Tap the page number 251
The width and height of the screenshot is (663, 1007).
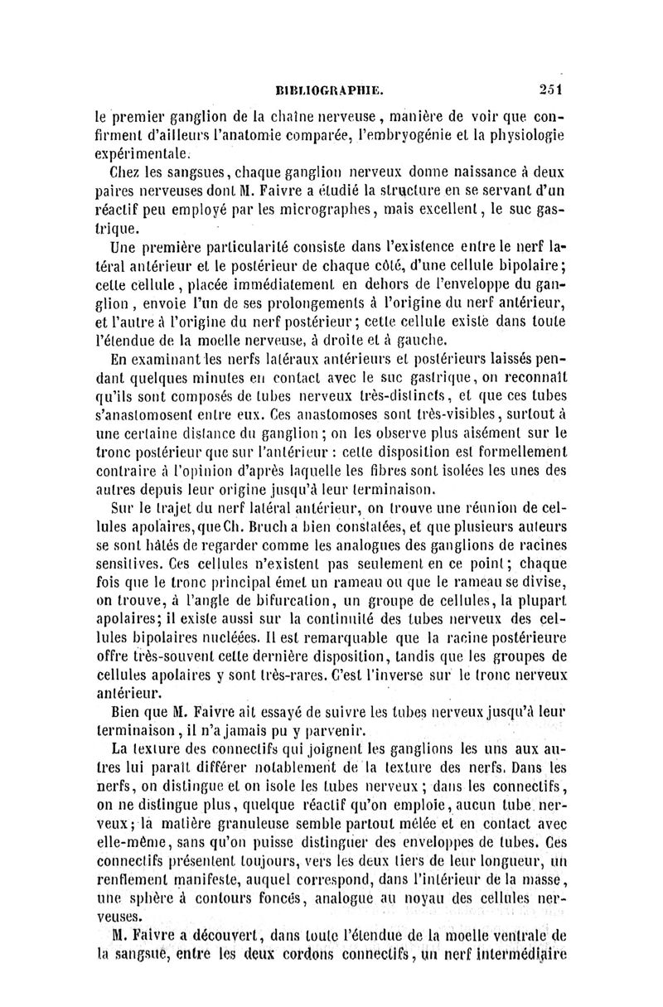549,90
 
